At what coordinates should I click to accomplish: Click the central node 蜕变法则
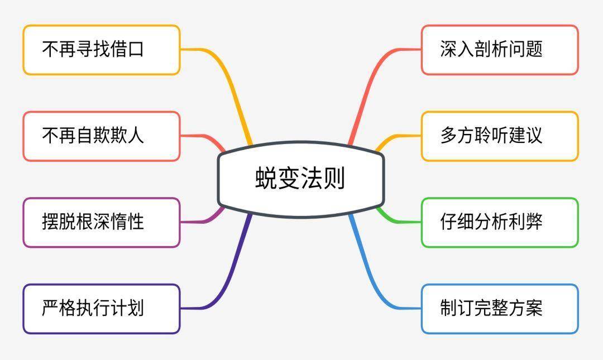(x=301, y=179)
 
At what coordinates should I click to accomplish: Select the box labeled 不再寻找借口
(x=102, y=50)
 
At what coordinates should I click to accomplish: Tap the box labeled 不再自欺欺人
(x=102, y=136)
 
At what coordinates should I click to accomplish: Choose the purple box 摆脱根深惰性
(x=102, y=222)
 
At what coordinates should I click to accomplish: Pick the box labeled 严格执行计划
(x=102, y=309)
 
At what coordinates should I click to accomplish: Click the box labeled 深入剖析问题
(x=500, y=50)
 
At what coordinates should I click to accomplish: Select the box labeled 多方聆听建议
(x=500, y=136)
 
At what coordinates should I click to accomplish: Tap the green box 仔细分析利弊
(x=500, y=222)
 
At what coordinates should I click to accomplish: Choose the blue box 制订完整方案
(x=500, y=309)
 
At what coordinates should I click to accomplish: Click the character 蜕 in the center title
(x=266, y=178)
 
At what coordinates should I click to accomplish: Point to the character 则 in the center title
(x=334, y=178)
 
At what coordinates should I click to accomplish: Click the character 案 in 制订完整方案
(x=534, y=309)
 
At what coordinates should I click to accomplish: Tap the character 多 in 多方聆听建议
(x=448, y=136)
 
